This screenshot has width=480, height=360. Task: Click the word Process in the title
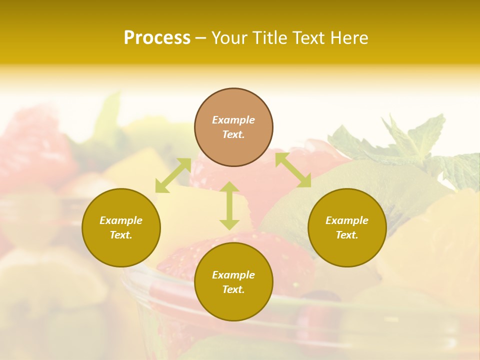(x=157, y=38)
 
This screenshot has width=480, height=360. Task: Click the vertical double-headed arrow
(x=229, y=205)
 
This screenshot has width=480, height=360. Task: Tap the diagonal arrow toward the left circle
(x=173, y=175)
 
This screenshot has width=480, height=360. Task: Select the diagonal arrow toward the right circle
(x=293, y=170)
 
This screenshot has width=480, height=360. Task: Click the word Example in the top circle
(x=233, y=120)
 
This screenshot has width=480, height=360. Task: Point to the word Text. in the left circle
(x=121, y=235)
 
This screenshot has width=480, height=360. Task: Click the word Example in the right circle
(x=347, y=220)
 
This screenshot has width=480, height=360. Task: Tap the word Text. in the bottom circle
(x=233, y=289)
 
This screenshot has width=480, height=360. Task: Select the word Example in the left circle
(x=121, y=220)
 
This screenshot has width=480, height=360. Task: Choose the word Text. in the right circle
(x=347, y=235)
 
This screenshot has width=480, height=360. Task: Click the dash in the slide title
(x=201, y=38)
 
